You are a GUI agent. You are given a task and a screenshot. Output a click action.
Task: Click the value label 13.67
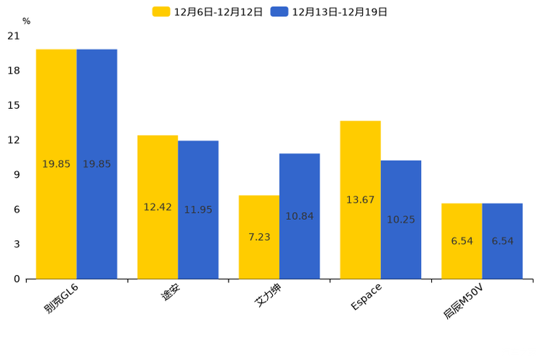(x=360, y=200)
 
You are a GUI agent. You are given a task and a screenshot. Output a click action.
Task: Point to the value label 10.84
(x=300, y=216)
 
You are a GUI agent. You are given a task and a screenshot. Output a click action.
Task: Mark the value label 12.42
(x=157, y=207)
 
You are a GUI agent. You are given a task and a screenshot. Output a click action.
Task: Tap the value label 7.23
(x=259, y=237)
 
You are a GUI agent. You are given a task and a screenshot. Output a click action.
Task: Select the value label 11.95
(x=198, y=210)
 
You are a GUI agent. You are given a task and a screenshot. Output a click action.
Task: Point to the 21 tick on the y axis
(x=13, y=36)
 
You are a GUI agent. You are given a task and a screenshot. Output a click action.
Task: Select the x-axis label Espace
(x=366, y=298)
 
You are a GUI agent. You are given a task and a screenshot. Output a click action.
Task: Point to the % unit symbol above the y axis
(x=26, y=21)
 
